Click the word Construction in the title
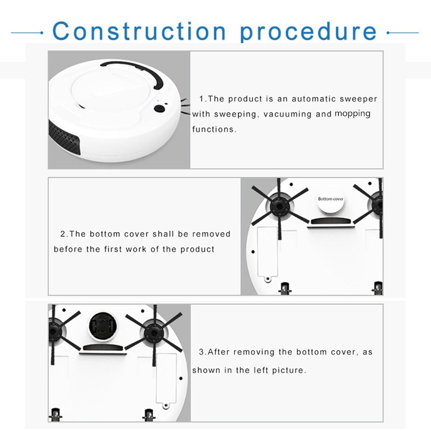139,31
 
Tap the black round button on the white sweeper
159,109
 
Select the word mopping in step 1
352,114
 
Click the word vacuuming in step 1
287,114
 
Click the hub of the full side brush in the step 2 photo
279,206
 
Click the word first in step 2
113,249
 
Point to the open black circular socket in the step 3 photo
103,326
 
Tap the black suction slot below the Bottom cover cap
331,221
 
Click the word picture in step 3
289,370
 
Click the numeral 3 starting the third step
201,352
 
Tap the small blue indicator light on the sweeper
157,100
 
